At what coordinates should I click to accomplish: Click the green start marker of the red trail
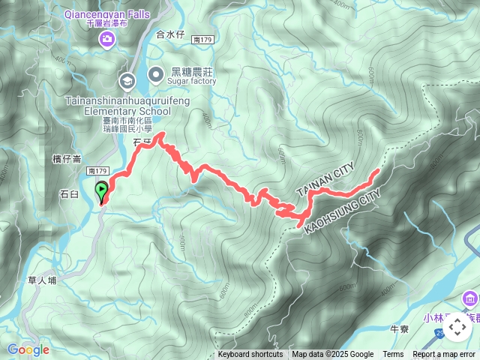pyautogui.click(x=102, y=193)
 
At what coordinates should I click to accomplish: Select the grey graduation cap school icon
pyautogui.click(x=127, y=79)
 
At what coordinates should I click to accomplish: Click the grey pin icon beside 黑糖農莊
pyautogui.click(x=156, y=73)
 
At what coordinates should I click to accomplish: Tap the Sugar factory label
pyautogui.click(x=193, y=81)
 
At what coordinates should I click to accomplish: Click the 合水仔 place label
pyautogui.click(x=170, y=34)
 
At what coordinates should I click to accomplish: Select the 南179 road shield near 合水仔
pyautogui.click(x=202, y=38)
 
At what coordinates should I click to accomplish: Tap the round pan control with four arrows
pyautogui.click(x=457, y=327)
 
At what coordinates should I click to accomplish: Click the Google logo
pyautogui.click(x=28, y=349)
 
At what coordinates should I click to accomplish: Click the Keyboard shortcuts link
pyautogui.click(x=250, y=355)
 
